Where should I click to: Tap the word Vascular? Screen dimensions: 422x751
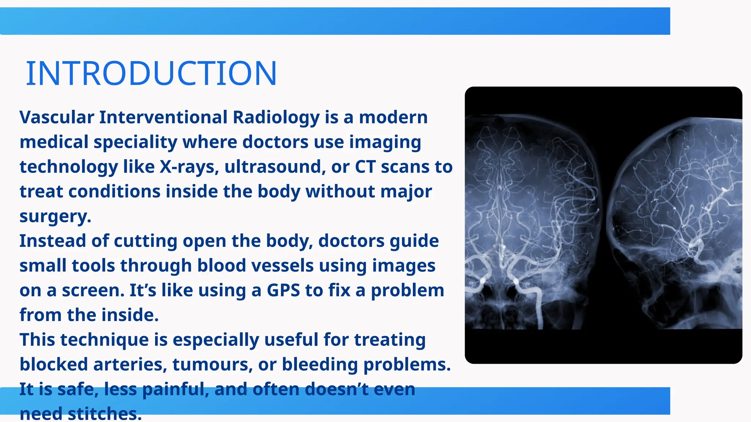point(57,118)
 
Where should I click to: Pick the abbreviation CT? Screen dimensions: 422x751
point(365,167)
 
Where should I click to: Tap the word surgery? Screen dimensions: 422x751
point(55,216)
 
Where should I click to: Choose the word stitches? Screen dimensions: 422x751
point(105,414)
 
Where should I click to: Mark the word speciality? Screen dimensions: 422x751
point(135,142)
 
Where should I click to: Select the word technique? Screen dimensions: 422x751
point(104,340)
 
